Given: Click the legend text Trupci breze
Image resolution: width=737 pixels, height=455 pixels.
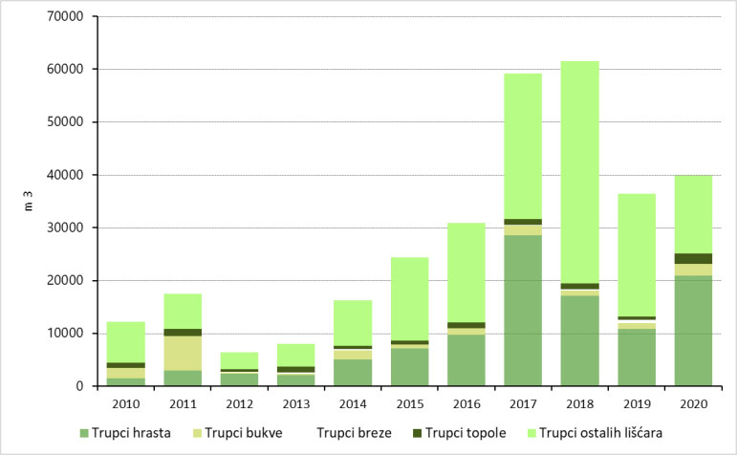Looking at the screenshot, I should [355, 432].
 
